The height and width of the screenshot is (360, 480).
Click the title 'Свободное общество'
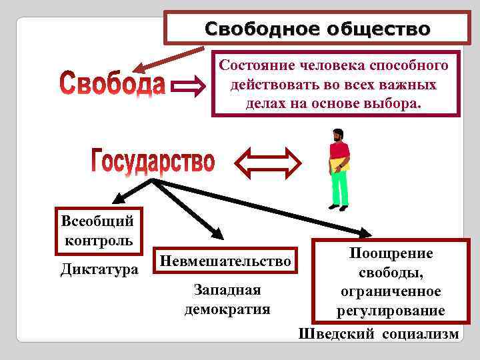[x=317, y=29]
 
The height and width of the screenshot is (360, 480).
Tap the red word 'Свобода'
[x=111, y=85]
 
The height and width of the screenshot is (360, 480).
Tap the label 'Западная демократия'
[x=227, y=300]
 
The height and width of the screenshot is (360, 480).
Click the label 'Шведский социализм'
[x=379, y=334]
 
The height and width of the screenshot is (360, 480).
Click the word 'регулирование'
[x=391, y=311]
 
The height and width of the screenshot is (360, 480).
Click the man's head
[x=338, y=135]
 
